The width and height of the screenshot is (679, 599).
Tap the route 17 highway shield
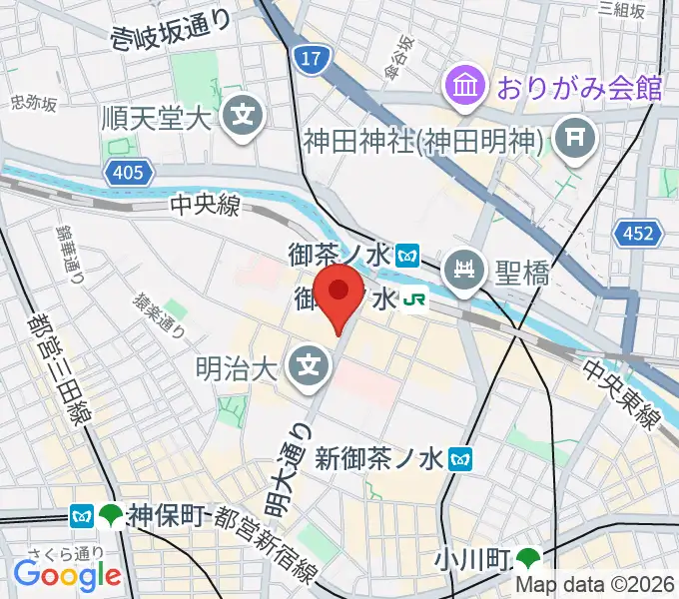(311, 61)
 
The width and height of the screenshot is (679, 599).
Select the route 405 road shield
(128, 174)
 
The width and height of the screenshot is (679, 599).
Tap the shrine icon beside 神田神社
(576, 135)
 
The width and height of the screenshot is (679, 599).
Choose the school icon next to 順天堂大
(243, 117)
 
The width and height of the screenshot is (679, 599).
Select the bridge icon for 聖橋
(464, 269)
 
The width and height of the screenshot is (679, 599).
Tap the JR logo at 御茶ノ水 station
(415, 299)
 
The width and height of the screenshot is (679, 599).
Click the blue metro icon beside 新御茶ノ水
(460, 458)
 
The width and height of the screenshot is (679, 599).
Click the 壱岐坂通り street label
(172, 32)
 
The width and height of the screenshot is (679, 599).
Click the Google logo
(67, 574)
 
